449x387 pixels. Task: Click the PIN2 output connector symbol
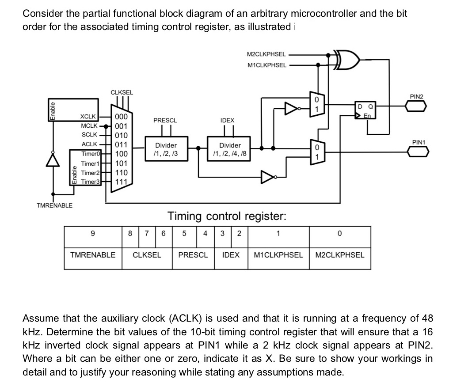click(x=416, y=106)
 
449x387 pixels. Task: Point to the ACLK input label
click(x=90, y=144)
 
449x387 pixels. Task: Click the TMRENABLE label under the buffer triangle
click(x=55, y=205)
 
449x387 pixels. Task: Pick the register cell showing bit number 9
click(x=92, y=234)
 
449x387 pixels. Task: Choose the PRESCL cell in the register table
click(x=193, y=255)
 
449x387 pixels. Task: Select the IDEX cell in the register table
click(x=230, y=255)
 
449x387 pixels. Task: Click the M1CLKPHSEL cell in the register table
click(x=278, y=255)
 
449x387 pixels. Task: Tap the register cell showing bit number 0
click(x=339, y=234)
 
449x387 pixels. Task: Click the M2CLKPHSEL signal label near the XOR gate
click(x=266, y=55)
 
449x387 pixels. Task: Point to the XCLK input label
click(x=88, y=117)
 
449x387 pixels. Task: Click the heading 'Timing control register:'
click(x=227, y=216)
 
